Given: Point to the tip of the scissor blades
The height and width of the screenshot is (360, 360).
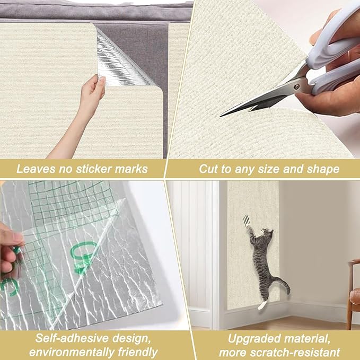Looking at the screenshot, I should [223, 115].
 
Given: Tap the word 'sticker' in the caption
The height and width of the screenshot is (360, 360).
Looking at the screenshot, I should [89, 170].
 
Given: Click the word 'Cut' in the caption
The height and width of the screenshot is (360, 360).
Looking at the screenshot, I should [208, 170].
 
